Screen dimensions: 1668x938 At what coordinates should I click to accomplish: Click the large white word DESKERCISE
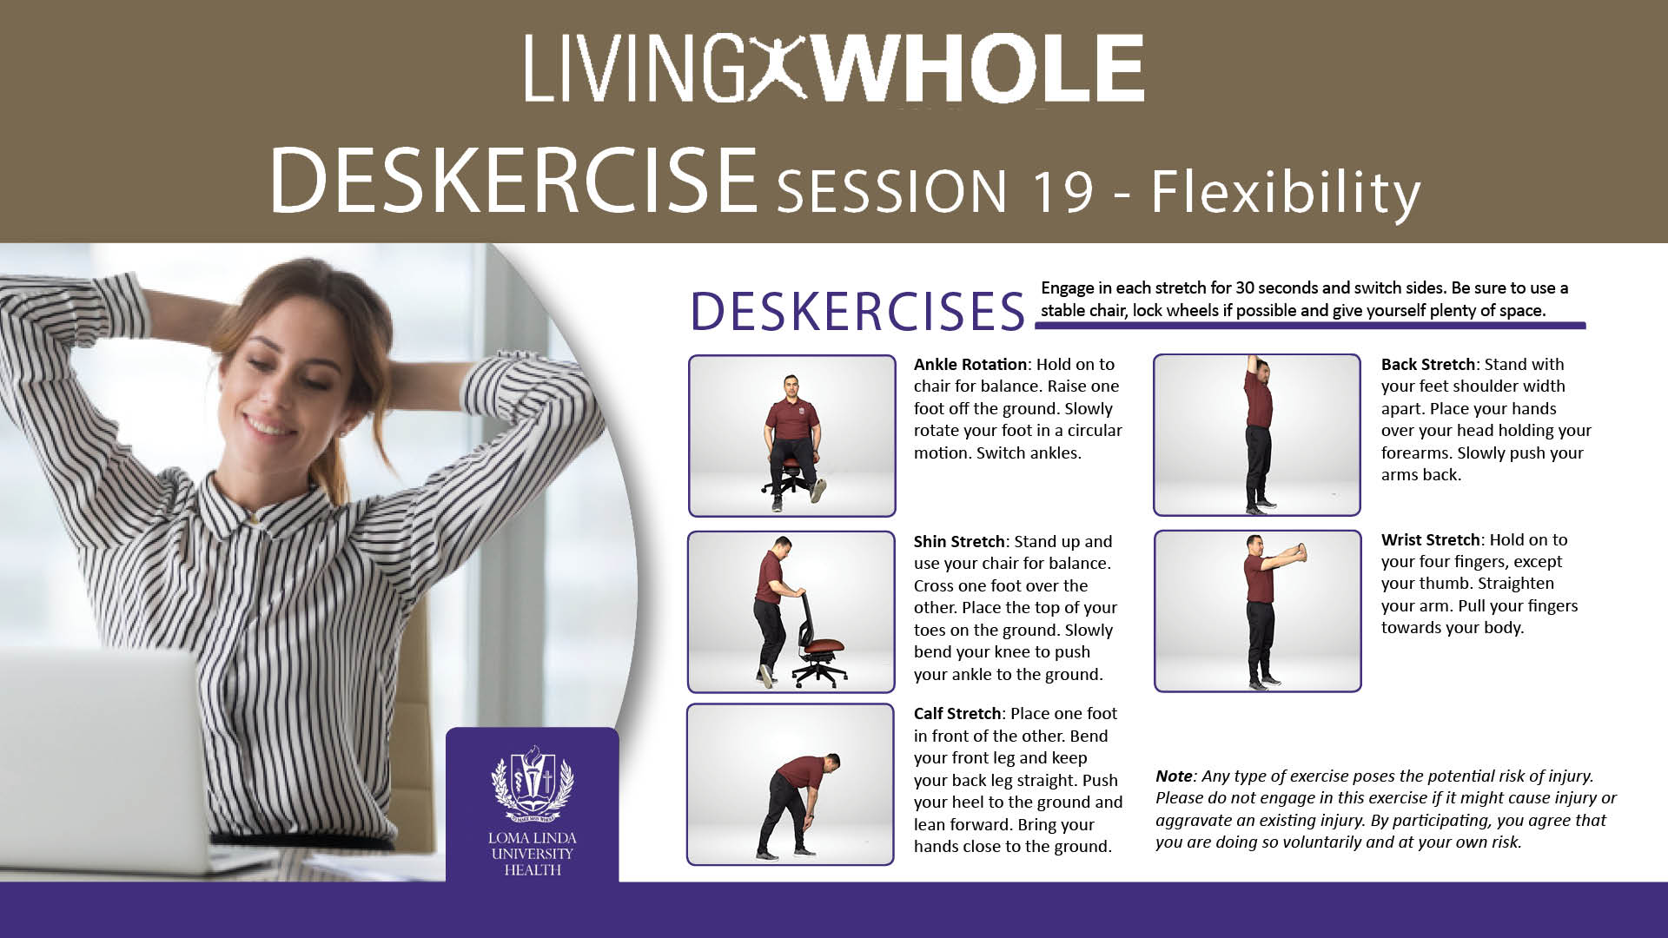[x=513, y=180]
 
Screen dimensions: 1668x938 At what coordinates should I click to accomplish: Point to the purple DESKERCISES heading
[x=857, y=311]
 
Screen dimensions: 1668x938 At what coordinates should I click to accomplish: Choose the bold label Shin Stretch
[x=958, y=541]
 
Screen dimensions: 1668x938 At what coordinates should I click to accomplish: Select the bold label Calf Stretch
[x=957, y=713]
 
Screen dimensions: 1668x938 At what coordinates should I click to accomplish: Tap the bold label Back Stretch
[x=1428, y=364]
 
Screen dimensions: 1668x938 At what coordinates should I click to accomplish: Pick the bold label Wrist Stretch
[x=1430, y=539]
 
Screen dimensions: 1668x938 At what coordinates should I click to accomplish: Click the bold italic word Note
[x=1174, y=776]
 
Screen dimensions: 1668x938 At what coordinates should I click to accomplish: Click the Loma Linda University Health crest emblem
[x=533, y=783]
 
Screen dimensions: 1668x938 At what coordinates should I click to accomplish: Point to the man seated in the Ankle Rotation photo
[x=791, y=434]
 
